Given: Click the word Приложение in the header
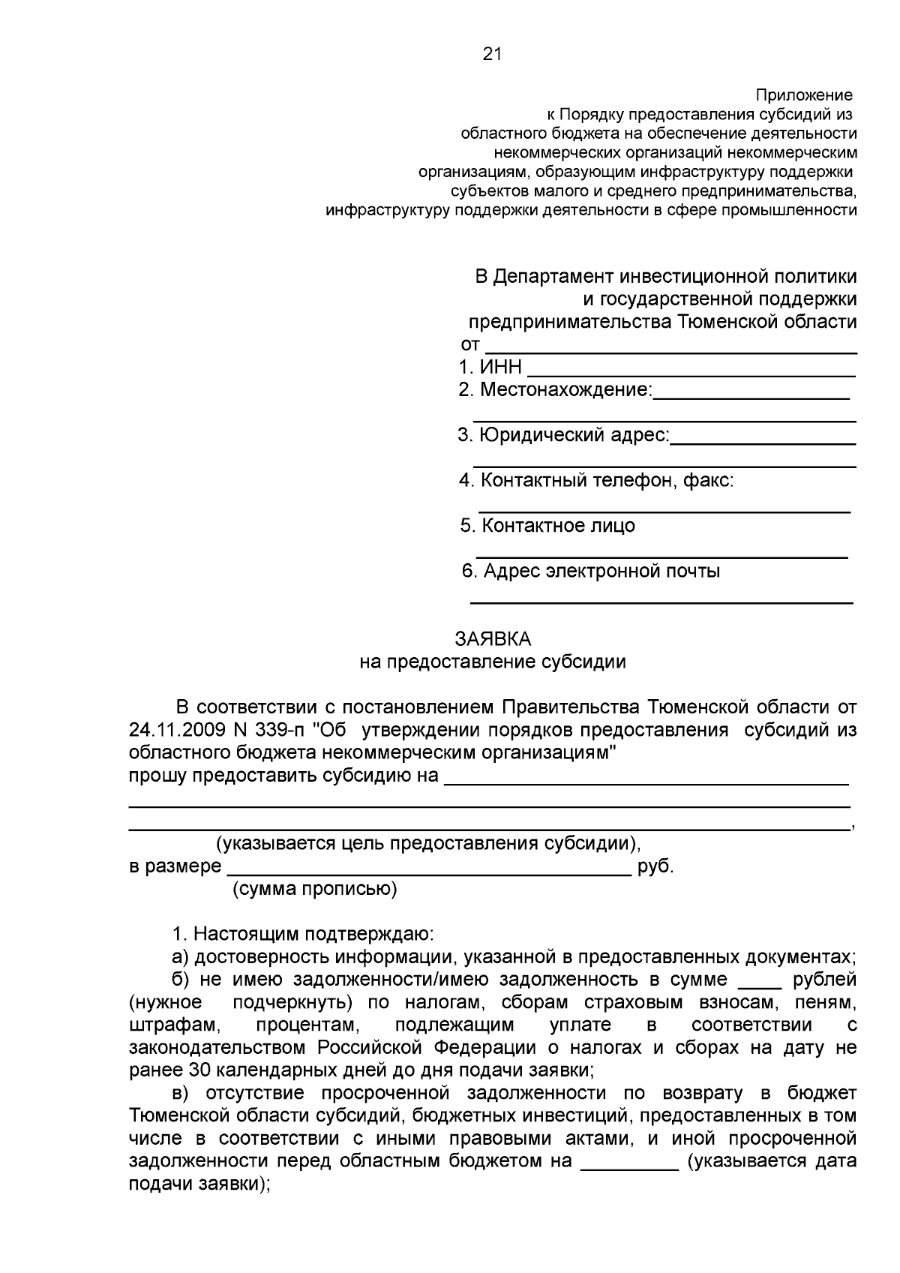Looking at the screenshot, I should point(803,95).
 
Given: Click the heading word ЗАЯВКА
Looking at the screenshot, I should point(493,639).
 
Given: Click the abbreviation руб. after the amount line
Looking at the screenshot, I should point(655,867).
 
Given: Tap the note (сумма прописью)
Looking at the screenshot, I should point(315,890).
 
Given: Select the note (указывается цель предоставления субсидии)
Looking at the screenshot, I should point(428,844).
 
